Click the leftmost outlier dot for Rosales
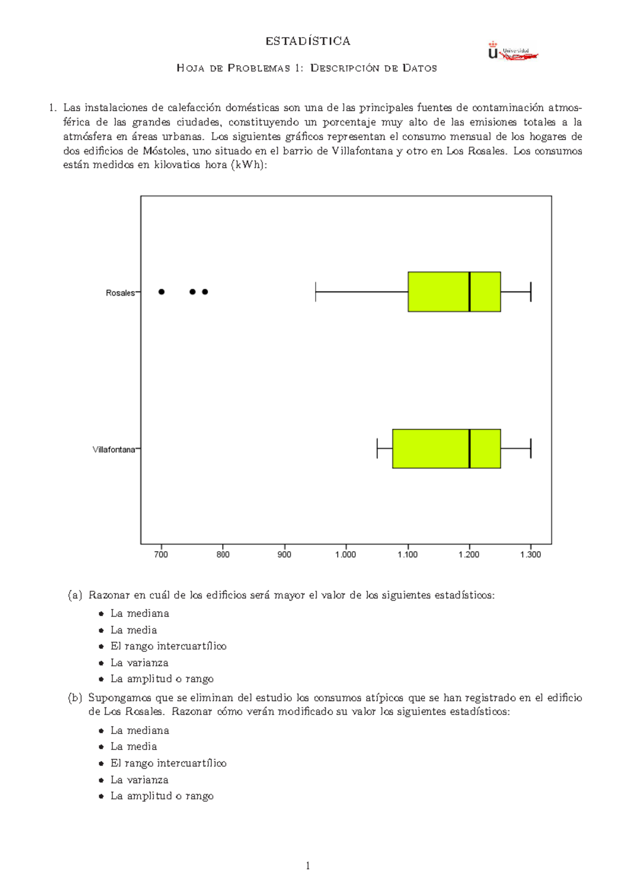click(161, 292)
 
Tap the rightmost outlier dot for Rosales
click(205, 292)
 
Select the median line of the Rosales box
click(469, 292)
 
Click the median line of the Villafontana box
click(469, 449)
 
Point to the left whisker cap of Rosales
click(316, 292)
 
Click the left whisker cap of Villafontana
click(377, 449)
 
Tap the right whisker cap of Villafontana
click(531, 449)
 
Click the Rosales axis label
click(120, 293)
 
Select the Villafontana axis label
click(114, 450)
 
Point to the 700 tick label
click(161, 554)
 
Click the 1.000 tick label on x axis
click(345, 554)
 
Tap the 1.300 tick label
click(530, 554)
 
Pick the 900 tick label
click(284, 554)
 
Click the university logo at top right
click(512, 52)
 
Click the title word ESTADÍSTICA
click(308, 41)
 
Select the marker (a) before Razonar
click(75, 595)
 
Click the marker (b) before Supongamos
click(75, 698)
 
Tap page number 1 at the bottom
click(308, 865)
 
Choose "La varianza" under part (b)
click(139, 780)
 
